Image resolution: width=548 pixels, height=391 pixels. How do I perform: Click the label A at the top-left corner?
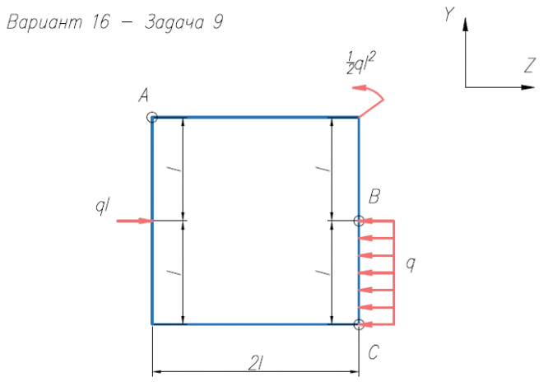coord(144,96)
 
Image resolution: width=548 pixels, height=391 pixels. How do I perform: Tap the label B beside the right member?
coord(374,197)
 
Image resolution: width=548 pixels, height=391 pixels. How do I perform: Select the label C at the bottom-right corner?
coord(374,353)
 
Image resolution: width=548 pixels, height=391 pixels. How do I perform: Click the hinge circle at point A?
coord(152,118)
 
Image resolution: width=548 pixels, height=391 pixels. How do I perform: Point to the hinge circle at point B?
coord(359,221)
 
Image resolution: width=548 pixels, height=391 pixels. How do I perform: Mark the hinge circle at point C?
coord(359,324)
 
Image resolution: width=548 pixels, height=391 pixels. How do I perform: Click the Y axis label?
coord(449,14)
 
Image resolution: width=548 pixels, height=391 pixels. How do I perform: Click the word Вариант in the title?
coord(44,22)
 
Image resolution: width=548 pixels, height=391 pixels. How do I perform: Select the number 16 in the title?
coord(100,22)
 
